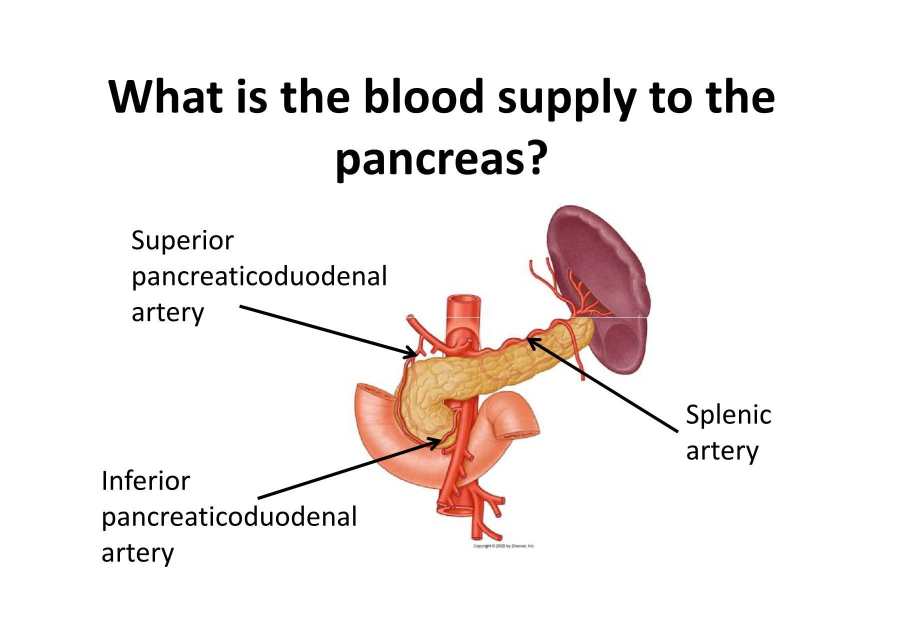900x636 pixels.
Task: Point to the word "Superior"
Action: tap(182, 241)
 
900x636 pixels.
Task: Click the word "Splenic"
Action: tap(728, 415)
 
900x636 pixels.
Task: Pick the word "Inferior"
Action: tap(145, 481)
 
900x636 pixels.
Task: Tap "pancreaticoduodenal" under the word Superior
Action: tap(259, 277)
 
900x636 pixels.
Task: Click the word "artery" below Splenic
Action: tap(722, 451)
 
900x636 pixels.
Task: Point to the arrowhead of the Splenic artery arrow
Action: tap(531, 341)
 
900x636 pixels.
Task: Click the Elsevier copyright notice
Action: tap(504, 546)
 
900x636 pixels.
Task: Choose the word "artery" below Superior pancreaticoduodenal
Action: tap(167, 313)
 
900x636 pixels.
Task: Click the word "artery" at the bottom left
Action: tap(137, 553)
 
